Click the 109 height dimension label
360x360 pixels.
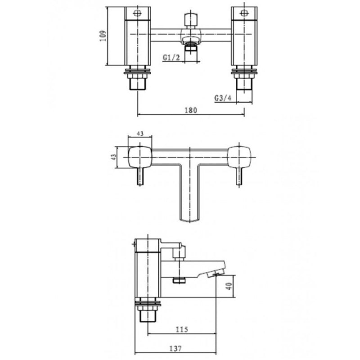(x=103, y=36)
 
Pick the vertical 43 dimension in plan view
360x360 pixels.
(x=114, y=157)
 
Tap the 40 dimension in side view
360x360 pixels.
(x=230, y=286)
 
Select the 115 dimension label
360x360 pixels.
(x=182, y=329)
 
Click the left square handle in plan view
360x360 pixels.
(x=139, y=156)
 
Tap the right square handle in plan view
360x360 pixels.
(x=239, y=156)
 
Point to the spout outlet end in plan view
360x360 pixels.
(x=189, y=218)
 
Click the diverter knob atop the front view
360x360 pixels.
(x=191, y=20)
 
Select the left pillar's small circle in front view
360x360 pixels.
(x=137, y=13)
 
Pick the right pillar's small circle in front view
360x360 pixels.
(x=244, y=13)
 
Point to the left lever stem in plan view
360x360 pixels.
(x=140, y=176)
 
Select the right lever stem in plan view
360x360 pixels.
(x=238, y=176)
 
